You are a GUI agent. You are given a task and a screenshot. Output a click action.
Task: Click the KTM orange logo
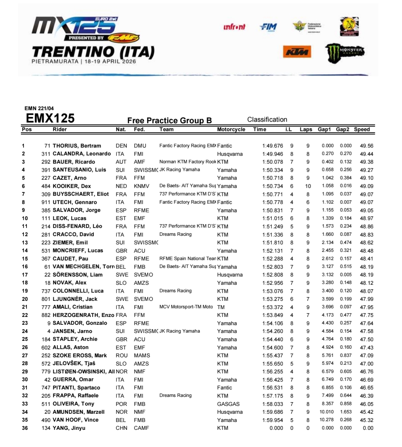tap(297, 52)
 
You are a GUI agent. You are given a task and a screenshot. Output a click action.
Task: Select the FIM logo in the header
tap(268, 27)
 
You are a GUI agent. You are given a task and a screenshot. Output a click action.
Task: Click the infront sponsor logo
tap(234, 27)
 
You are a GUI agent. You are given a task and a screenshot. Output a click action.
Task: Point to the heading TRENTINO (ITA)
tap(93, 52)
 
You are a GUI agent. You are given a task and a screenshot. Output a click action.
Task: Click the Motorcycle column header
tap(231, 129)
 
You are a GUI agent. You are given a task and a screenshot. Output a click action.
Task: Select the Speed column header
tap(362, 129)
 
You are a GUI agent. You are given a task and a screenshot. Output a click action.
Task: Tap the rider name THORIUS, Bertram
tap(77, 146)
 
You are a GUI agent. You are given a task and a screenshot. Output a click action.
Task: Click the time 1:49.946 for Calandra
tap(272, 154)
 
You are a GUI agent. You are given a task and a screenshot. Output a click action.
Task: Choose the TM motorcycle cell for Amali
tap(221, 307)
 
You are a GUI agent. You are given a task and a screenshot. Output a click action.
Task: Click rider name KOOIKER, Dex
tap(72, 186)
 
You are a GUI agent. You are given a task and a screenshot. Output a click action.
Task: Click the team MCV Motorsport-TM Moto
tap(186, 307)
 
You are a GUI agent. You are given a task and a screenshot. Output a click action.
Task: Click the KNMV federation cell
tap(141, 186)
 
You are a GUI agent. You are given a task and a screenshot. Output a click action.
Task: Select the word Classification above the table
tap(267, 120)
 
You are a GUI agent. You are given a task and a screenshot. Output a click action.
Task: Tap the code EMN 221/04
tap(39, 108)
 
